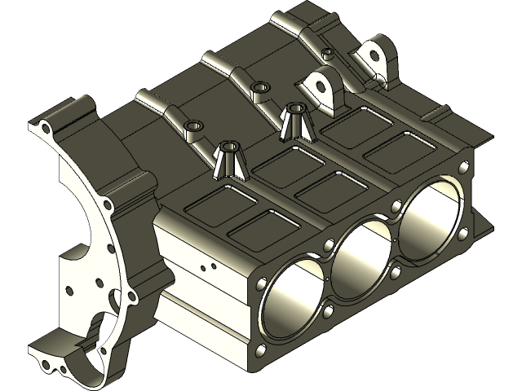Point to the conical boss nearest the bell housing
click(228, 158)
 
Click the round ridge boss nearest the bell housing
click(194, 127)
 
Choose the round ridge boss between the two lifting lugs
click(327, 54)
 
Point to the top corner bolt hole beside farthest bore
click(464, 168)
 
